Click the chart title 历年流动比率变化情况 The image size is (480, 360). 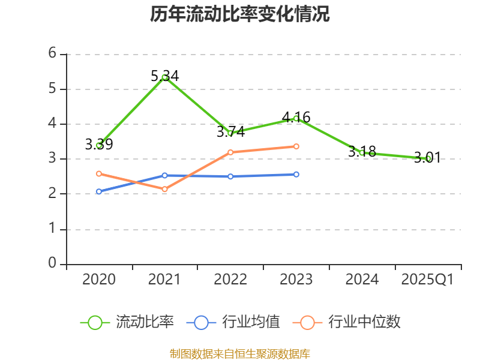(x=240, y=14)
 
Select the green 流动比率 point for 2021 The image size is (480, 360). (x=164, y=77)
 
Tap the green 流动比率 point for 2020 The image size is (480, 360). (x=99, y=145)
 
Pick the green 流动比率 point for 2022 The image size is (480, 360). (x=230, y=133)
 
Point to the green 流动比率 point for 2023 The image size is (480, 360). (x=296, y=118)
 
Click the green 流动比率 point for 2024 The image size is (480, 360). (x=362, y=152)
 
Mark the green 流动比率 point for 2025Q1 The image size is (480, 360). (x=428, y=158)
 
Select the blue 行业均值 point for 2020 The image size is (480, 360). (x=99, y=191)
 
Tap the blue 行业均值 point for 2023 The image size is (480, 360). (x=296, y=174)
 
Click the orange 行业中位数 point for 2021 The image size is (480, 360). (x=164, y=189)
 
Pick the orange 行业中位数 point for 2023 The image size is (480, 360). (x=296, y=146)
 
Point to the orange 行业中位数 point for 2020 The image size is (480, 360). (x=99, y=173)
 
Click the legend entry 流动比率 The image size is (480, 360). (x=127, y=322)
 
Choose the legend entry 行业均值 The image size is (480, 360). (x=233, y=322)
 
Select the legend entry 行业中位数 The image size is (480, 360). (x=347, y=322)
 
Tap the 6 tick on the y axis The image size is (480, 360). (x=52, y=53)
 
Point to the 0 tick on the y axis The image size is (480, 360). (x=52, y=263)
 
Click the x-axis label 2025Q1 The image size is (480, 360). (x=428, y=280)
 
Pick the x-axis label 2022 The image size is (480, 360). (x=230, y=280)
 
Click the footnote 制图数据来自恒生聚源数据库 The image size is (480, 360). (x=240, y=353)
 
